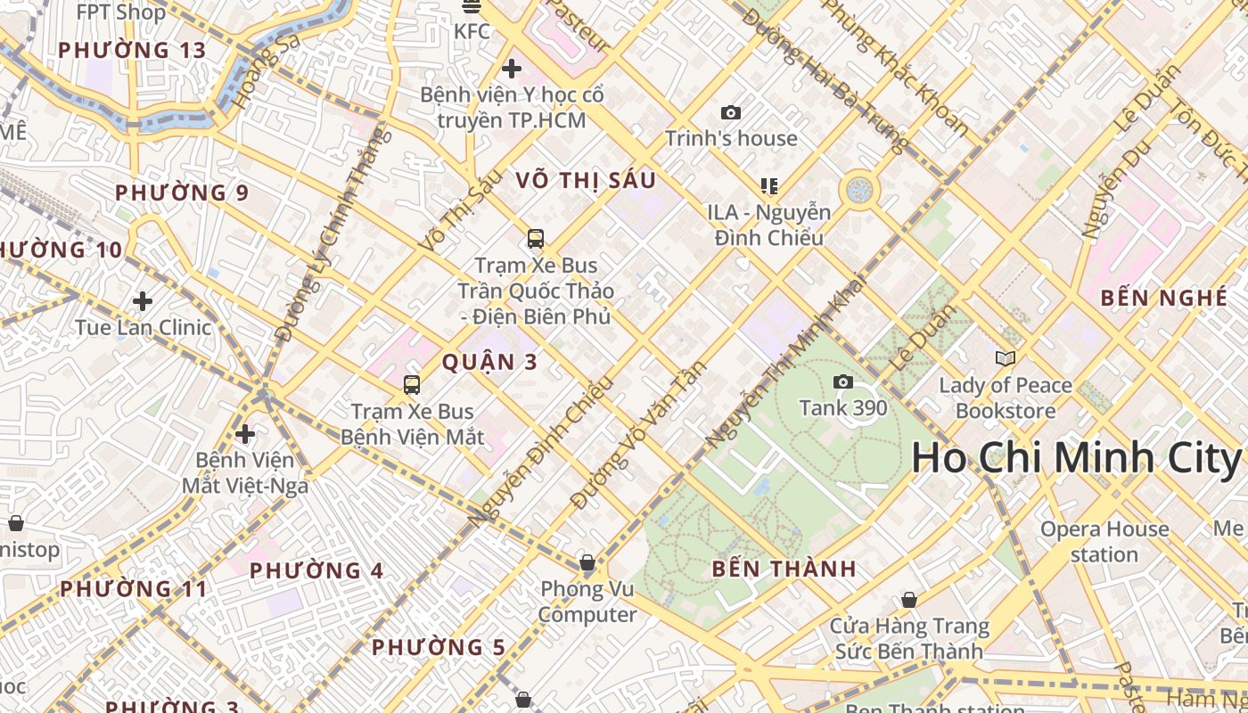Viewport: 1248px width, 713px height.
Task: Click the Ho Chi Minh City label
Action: pos(1077,457)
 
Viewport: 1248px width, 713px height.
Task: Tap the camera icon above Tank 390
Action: pos(842,382)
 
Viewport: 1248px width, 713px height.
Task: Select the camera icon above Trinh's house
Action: pos(731,113)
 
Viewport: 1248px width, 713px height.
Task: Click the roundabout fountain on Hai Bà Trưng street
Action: pos(859,189)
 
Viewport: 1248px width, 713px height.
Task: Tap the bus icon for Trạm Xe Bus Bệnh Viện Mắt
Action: pos(411,385)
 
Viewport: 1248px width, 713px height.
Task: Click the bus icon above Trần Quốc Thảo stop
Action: pos(535,239)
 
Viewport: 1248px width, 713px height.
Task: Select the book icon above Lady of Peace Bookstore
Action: pos(1005,358)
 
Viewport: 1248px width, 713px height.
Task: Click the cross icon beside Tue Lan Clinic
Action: pos(143,301)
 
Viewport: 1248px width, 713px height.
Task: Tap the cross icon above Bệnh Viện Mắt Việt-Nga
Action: pos(245,435)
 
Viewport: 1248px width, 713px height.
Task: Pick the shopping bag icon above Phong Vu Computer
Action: pos(587,562)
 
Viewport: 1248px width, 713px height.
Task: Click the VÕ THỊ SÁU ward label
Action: pos(586,180)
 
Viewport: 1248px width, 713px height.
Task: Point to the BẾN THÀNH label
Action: pos(784,569)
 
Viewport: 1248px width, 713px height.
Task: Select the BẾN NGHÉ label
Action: pos(1164,298)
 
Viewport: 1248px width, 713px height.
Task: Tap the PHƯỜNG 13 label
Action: pos(132,50)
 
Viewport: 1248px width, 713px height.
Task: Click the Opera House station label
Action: pos(1104,542)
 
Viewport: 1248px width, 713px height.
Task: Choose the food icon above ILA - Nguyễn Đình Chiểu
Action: pos(769,186)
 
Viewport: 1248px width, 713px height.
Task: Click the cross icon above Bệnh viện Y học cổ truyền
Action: pos(512,69)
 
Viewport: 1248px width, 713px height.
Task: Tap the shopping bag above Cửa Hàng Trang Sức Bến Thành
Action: pos(909,600)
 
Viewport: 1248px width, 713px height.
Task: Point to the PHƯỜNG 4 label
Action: pos(316,570)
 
